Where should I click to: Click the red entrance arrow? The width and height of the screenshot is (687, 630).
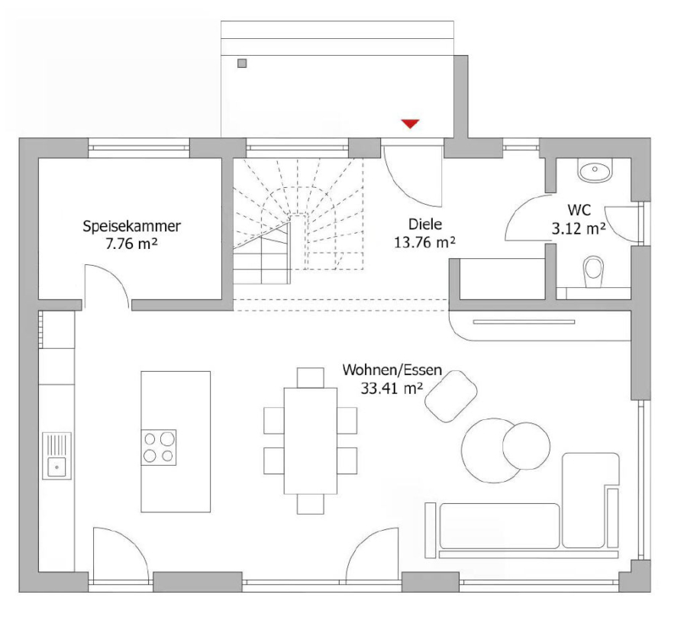pos(411,124)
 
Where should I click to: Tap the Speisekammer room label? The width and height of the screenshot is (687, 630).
pos(131,226)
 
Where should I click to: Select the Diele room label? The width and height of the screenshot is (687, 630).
pos(425,224)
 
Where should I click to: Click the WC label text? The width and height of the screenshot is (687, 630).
pos(579,210)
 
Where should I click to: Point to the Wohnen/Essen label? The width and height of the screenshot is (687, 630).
pos(392,370)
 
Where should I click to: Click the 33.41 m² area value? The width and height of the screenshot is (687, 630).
pos(392,388)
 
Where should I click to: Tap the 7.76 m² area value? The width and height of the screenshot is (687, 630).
pos(131,244)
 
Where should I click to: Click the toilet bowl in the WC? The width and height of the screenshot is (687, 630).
pos(594,273)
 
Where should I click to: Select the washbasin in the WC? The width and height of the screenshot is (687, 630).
pos(595,170)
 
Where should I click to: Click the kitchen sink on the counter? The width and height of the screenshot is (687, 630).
pos(57,456)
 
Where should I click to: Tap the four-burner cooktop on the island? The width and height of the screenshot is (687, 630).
pos(159,447)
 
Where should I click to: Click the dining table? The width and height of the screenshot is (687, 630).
pos(311,441)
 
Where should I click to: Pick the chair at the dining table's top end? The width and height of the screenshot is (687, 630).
pos(311,377)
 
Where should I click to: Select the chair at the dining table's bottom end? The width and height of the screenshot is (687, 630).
pos(311,504)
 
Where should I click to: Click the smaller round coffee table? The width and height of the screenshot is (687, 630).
pos(526,446)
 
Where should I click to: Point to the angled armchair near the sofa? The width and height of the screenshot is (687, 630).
pos(451,396)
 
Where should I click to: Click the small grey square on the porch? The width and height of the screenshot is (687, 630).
pos(242,63)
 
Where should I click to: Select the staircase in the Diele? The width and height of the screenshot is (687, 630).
pos(298,221)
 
